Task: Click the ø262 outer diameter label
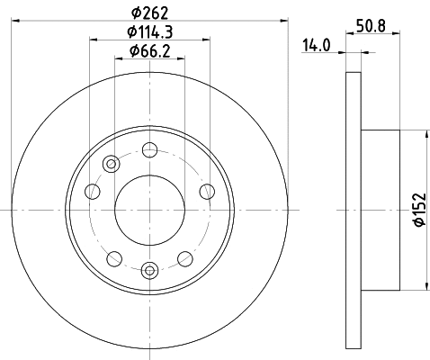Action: point(150,12)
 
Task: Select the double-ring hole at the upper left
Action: point(111,164)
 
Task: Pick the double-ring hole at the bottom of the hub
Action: point(149,267)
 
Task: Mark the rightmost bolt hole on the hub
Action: point(207,190)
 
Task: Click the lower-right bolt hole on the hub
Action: point(185,256)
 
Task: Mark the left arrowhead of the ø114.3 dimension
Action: point(94,40)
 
